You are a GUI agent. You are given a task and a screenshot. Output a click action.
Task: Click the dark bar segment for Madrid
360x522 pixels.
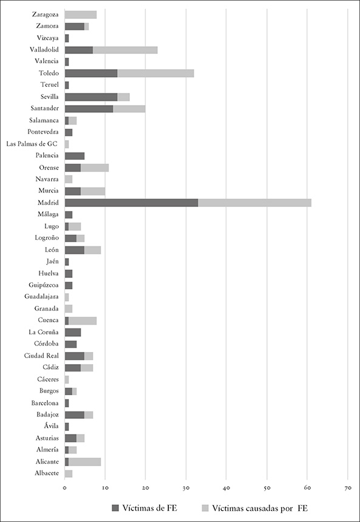coord(132,203)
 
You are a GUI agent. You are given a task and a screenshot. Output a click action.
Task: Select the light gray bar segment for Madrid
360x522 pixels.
coord(255,203)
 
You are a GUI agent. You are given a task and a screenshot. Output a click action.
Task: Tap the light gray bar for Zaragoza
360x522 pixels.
coord(81,15)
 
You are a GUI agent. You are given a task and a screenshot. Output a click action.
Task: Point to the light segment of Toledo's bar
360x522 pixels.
coord(155,73)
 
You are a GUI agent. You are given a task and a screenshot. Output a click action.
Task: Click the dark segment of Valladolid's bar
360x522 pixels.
coord(79,50)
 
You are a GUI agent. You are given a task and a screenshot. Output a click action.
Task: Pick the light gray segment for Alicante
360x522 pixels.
coord(84,462)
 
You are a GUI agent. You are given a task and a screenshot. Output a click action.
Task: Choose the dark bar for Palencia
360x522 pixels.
coord(75,156)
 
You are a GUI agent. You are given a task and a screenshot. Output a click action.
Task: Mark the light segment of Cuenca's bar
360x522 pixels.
coord(83,320)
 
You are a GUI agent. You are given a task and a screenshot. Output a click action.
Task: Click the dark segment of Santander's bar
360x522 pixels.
coord(89,109)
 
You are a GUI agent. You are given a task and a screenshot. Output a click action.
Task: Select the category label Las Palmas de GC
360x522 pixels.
coord(33,144)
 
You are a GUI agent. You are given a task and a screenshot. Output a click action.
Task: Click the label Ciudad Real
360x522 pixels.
coord(41,356)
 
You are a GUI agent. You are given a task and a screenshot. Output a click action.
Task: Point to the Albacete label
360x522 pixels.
coord(47,473)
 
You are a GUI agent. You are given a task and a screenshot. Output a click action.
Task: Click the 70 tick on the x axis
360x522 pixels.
coord(348,488)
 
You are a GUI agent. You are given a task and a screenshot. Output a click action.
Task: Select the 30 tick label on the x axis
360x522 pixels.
coord(186,488)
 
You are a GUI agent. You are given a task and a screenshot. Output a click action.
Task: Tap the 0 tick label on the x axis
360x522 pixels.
coord(65,488)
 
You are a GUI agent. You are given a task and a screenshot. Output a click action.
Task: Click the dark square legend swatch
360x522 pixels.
coord(115,508)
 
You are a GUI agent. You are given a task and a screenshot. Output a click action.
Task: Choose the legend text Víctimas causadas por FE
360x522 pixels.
coord(260,508)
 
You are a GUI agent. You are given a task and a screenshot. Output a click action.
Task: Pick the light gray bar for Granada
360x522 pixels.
coord(69,308)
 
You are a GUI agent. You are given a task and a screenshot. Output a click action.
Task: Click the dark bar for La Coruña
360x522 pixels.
coord(73,332)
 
